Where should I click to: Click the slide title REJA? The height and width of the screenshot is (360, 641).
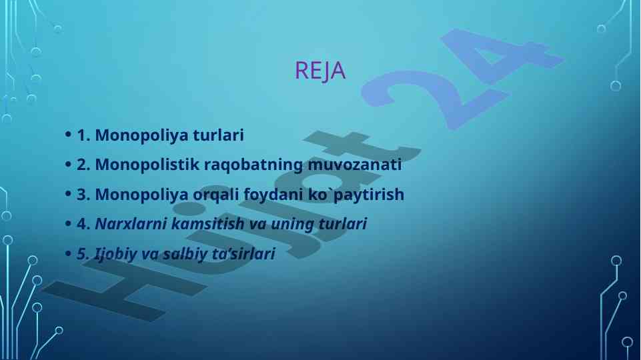320,70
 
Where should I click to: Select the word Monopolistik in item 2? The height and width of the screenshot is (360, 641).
147,165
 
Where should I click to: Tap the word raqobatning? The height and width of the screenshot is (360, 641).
253,165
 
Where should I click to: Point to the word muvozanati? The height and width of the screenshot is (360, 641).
354,165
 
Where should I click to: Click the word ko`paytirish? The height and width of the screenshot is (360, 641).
356,195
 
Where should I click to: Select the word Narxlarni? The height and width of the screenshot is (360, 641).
131,223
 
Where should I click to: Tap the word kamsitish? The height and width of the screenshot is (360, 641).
207,223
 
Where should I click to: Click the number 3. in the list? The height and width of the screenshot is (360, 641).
83,195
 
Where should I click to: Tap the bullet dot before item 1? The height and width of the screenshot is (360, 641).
68,135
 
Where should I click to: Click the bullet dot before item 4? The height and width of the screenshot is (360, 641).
68,223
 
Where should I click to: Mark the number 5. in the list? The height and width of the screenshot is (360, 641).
83,254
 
